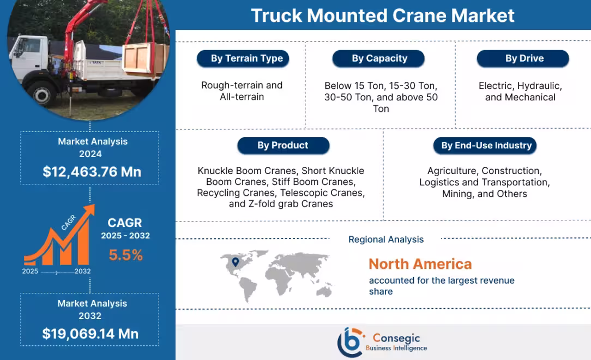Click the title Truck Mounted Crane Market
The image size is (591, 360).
382,15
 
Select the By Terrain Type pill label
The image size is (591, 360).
242,59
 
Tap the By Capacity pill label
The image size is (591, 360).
379,59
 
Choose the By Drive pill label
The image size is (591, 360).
523,59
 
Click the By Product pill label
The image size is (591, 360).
282,146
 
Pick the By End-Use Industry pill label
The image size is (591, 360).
486,146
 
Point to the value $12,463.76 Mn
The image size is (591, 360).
92,172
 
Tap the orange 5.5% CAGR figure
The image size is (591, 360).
125,255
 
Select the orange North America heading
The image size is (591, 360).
420,264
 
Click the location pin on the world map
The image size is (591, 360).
235,262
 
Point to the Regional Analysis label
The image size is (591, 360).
385,239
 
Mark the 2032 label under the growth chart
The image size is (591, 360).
82,271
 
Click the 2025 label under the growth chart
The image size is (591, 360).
30,271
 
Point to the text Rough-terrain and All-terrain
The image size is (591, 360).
242,91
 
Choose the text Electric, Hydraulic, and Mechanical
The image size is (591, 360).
520,92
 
